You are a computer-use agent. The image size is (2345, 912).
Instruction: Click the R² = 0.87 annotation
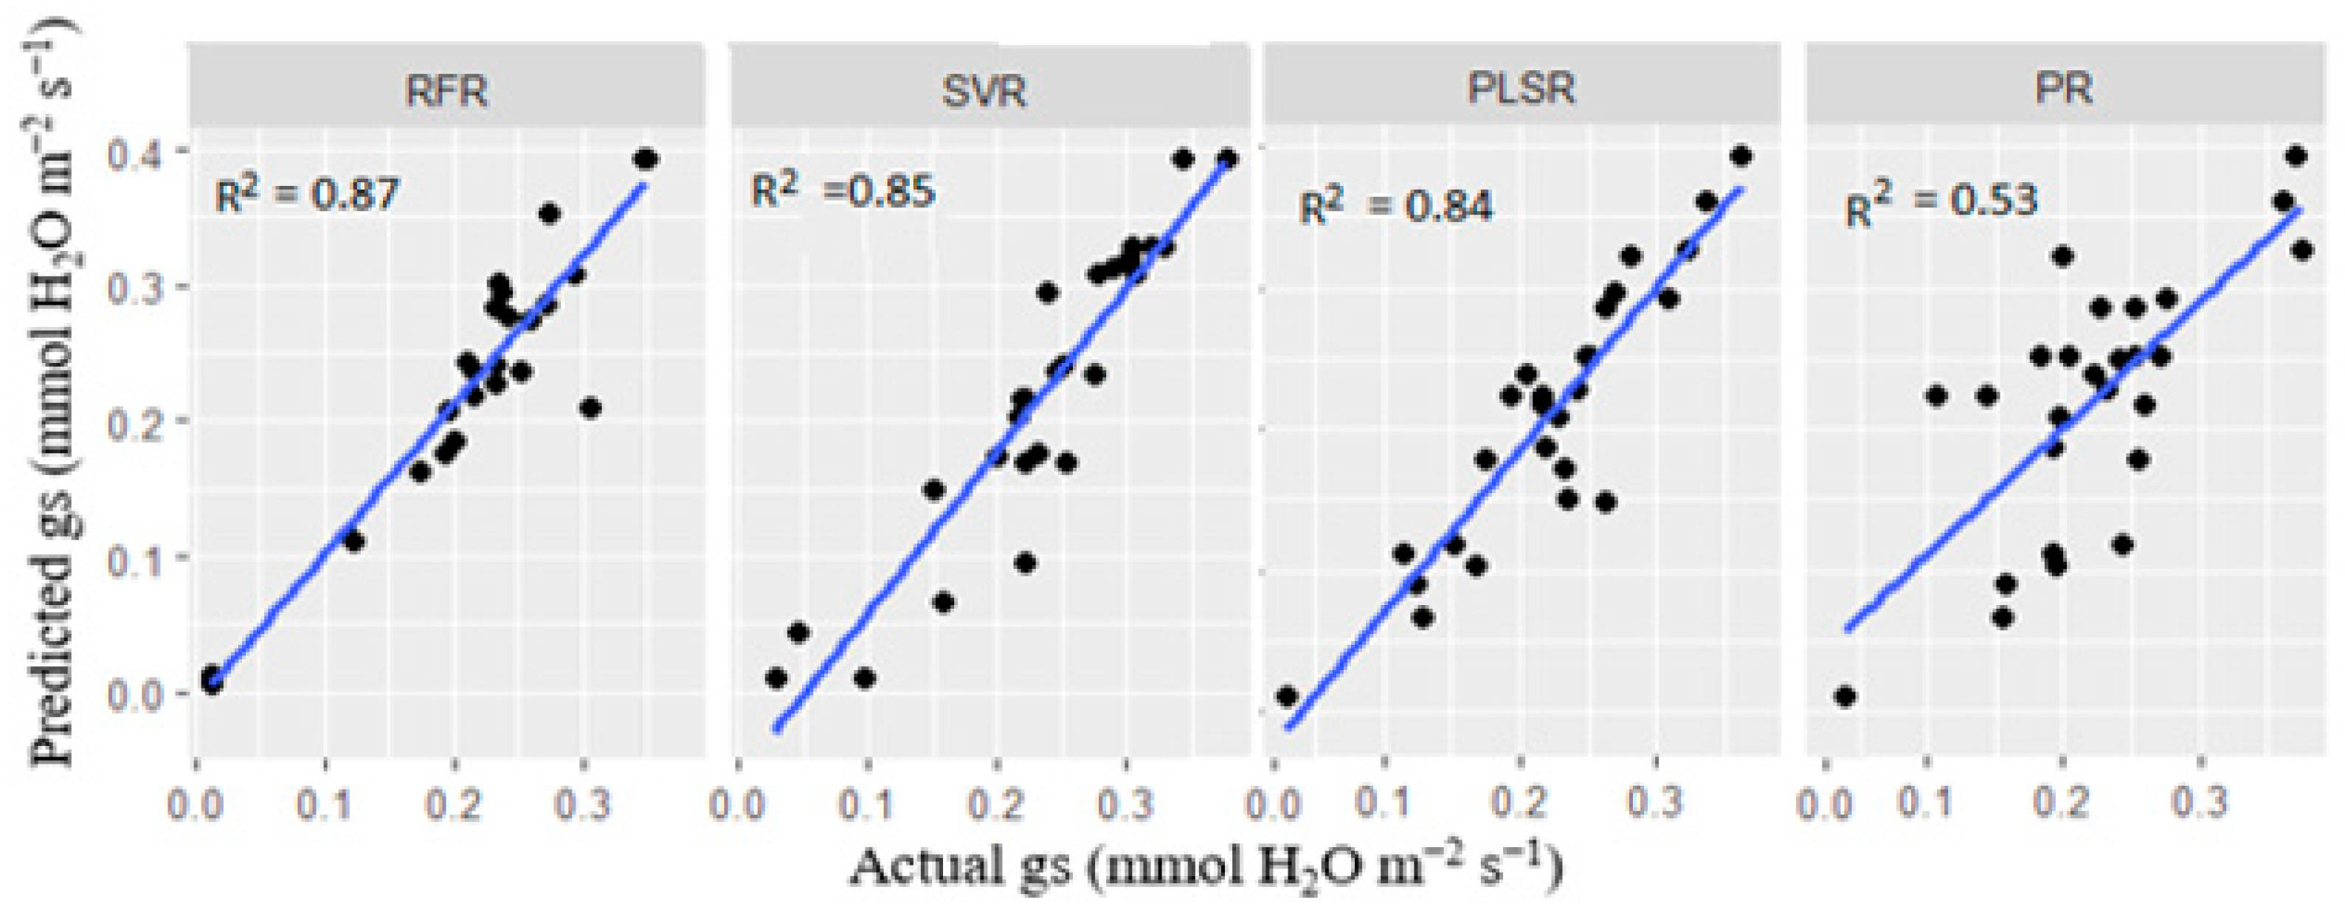[x=307, y=194]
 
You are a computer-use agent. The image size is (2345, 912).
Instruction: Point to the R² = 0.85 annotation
[x=843, y=190]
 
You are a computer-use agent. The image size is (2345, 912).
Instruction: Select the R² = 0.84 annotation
[x=1395, y=206]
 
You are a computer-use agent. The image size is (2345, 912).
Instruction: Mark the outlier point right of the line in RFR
[x=590, y=408]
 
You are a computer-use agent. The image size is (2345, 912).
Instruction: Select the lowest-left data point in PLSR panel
[x=1286, y=697]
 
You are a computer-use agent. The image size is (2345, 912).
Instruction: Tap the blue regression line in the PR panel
[x=2003, y=491]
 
